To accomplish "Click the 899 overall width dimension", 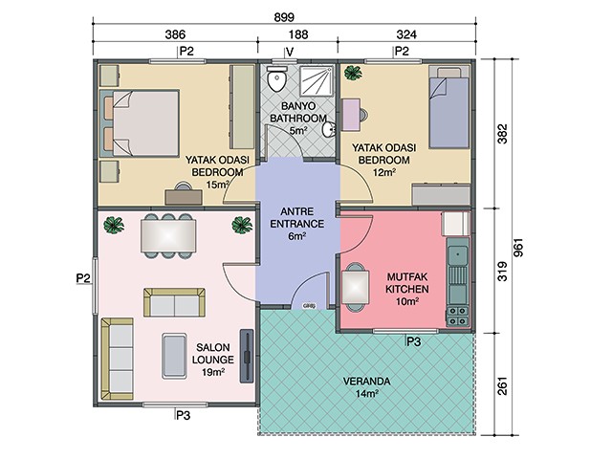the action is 284,17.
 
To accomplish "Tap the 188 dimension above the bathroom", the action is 298,34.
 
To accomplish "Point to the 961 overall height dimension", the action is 518,248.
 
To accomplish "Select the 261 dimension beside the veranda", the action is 503,385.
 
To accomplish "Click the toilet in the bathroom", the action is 276,78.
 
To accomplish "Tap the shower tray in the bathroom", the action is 317,80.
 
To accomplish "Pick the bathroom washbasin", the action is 329,129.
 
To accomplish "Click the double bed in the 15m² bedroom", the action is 140,123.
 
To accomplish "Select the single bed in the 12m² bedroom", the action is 448,107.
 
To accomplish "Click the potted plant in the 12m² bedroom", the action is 353,73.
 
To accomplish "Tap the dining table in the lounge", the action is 168,236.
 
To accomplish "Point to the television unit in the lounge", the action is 247,356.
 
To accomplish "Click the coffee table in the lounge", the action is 174,356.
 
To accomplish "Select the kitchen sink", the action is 457,255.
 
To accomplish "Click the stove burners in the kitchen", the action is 457,317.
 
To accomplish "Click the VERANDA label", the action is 366,381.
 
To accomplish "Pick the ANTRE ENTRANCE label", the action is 297,218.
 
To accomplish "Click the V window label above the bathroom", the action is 289,52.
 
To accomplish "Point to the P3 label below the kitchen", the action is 414,342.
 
